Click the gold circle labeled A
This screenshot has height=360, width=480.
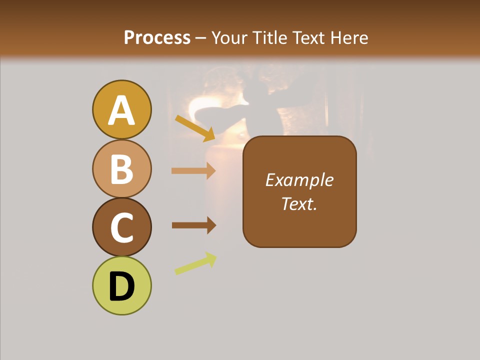pos(121,109)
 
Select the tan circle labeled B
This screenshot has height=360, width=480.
pos(121,168)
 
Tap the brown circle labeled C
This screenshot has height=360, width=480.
pos(121,227)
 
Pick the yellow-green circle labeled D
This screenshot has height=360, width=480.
pos(121,285)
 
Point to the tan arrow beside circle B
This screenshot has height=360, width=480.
pos(193,170)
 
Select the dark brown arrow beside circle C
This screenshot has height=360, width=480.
pos(193,225)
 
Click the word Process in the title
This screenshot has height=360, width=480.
pos(157,37)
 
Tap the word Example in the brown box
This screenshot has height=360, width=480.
pos(299,180)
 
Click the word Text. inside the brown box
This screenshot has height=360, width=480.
pos(299,203)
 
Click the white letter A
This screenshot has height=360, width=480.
pos(121,110)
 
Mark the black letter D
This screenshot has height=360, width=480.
pos(121,287)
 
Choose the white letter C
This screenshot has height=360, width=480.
pos(121,228)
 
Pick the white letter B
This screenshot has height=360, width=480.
pos(121,169)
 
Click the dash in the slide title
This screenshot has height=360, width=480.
pos(201,38)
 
